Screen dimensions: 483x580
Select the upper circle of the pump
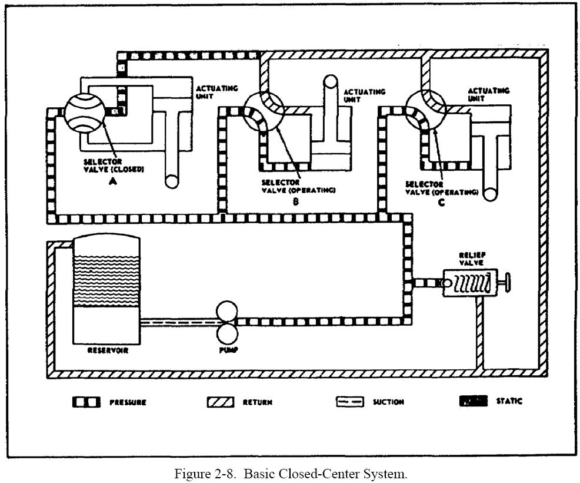[226, 310]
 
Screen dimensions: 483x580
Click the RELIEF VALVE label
[472, 259]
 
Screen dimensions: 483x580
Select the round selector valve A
[84, 110]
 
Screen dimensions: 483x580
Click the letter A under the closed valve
[112, 182]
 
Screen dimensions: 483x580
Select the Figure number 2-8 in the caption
[226, 474]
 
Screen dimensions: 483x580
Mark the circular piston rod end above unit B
[330, 82]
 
